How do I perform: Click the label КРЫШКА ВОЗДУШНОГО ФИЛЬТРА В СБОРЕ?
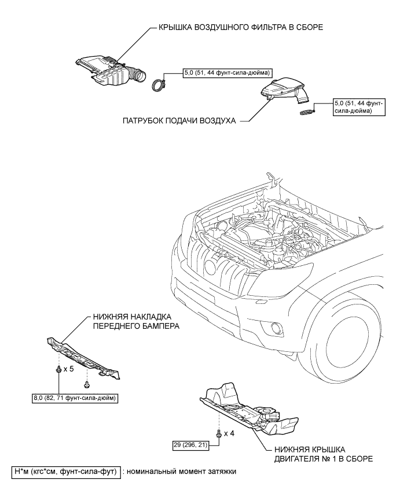coord(241,27)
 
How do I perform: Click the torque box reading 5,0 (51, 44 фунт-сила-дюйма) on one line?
coord(227,73)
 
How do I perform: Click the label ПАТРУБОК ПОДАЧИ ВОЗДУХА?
coord(179,121)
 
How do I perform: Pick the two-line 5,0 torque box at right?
coord(359,107)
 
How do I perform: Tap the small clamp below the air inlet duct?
coord(307,111)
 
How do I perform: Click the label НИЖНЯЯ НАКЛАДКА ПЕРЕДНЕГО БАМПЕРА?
coord(136,321)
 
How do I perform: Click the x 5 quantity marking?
coord(68,368)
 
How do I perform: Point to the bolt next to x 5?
coord(58,369)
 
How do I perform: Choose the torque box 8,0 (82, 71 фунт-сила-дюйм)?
coord(74,399)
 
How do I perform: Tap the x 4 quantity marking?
coord(229,433)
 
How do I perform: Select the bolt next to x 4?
coord(219,434)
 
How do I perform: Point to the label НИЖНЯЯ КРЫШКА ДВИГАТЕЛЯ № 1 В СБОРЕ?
coord(323,454)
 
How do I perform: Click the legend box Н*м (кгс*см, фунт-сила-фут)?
coord(66,471)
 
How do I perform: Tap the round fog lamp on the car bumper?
coord(277,326)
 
